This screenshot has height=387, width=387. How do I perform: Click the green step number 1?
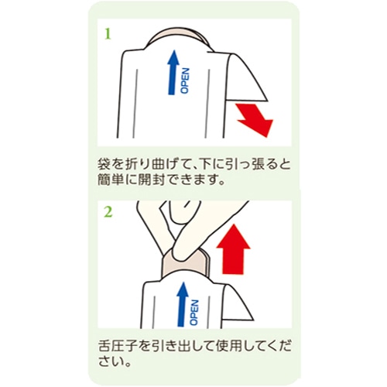(108, 34)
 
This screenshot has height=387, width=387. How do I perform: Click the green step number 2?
(108, 212)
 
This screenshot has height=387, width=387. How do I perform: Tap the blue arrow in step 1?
(173, 73)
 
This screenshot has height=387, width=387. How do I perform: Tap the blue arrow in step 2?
(183, 304)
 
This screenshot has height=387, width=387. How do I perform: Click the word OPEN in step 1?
(185, 80)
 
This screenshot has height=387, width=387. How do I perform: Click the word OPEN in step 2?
(194, 313)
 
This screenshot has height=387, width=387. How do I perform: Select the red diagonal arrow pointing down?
(255, 119)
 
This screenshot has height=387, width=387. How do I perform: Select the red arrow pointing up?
(233, 249)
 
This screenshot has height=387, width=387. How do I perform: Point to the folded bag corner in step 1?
(245, 77)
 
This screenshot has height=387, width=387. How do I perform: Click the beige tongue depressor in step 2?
(187, 263)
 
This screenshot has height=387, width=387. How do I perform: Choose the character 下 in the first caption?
(204, 165)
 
